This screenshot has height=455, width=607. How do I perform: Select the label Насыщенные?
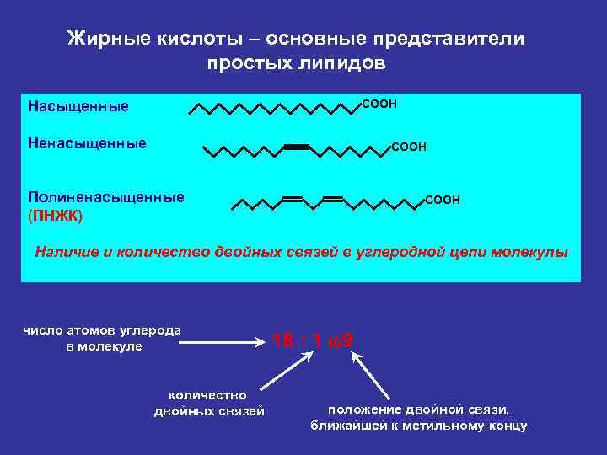coord(78,106)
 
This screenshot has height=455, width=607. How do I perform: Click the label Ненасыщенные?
coord(87,143)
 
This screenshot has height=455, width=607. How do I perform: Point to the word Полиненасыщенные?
coord(106,197)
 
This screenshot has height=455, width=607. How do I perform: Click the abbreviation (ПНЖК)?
coord(56,215)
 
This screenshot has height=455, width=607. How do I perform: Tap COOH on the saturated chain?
coord(379,103)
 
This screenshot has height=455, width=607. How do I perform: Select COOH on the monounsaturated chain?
coord(409,147)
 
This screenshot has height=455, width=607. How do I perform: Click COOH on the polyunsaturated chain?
coord(443,200)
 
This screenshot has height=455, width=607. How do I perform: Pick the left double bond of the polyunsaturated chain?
coord(292,199)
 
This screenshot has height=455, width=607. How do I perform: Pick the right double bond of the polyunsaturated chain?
coord(332,199)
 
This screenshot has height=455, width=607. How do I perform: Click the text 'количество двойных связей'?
coord(208,403)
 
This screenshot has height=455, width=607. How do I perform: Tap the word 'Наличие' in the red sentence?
coord(65,251)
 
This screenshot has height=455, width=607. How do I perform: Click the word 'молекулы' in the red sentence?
coord(534,251)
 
